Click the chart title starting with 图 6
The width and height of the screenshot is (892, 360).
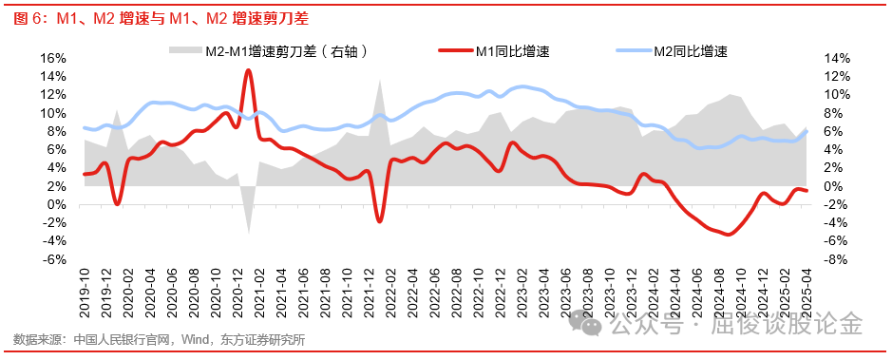click(x=161, y=17)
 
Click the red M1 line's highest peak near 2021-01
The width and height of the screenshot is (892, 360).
click(x=249, y=70)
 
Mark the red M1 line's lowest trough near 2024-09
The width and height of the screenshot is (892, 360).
click(x=729, y=234)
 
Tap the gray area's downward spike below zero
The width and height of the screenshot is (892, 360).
click(x=249, y=230)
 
